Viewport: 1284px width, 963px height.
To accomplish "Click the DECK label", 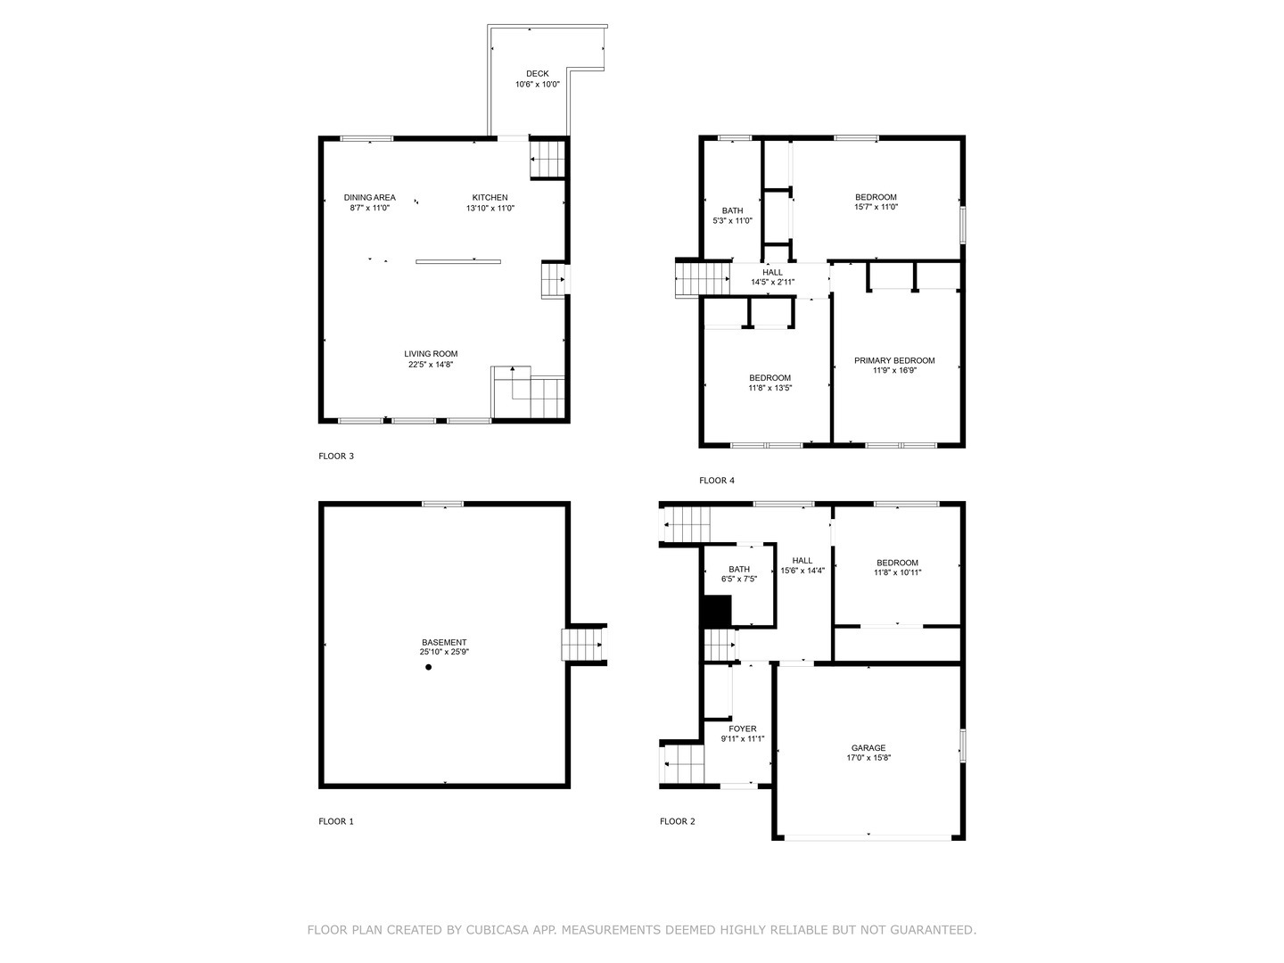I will click(537, 74).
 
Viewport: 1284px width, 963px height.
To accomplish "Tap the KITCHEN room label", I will click(490, 198).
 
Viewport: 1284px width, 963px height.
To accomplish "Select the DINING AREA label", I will click(369, 198).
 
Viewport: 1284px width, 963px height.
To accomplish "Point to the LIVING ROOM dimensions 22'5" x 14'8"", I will click(431, 365).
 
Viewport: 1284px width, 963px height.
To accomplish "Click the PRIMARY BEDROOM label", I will click(894, 361).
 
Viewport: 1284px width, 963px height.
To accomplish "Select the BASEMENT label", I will click(444, 643).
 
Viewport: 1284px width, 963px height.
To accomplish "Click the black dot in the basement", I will click(428, 667).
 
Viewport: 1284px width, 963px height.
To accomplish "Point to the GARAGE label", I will click(868, 748).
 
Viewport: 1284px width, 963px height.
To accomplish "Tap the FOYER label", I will click(743, 729).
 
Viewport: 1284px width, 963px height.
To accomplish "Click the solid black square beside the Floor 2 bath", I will click(717, 612).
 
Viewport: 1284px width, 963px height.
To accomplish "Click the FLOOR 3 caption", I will click(336, 457).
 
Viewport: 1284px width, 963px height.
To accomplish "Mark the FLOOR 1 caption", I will click(336, 822).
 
